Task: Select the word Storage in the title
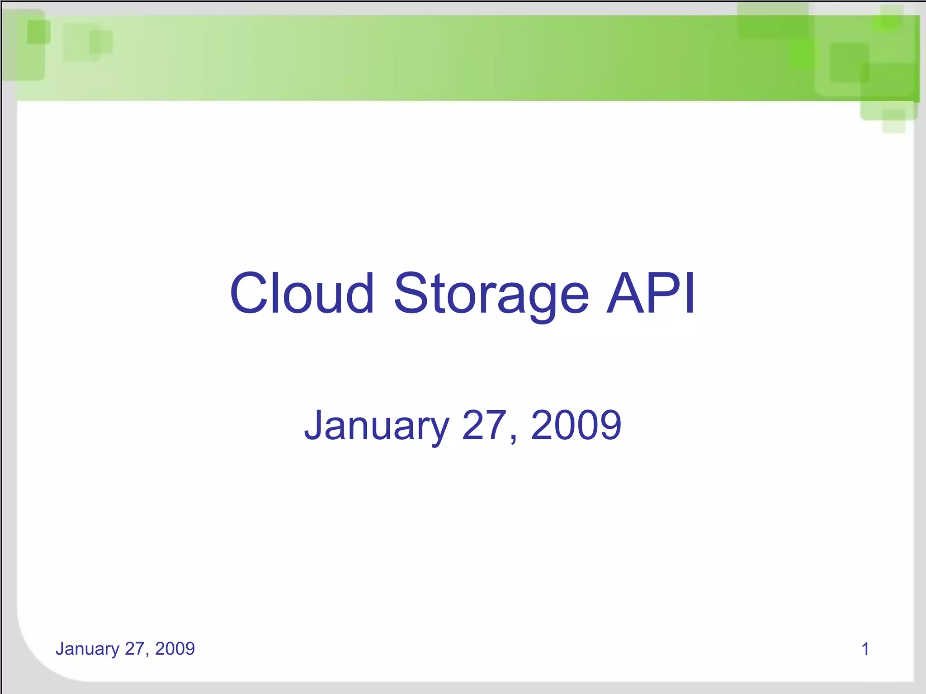click(x=491, y=294)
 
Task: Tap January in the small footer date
click(x=87, y=649)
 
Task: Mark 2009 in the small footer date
click(x=175, y=649)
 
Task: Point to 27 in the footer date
click(x=134, y=649)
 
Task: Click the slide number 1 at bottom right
click(x=865, y=649)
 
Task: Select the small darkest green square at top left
click(x=38, y=32)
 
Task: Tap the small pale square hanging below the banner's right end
click(x=894, y=121)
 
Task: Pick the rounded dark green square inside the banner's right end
click(x=849, y=62)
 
